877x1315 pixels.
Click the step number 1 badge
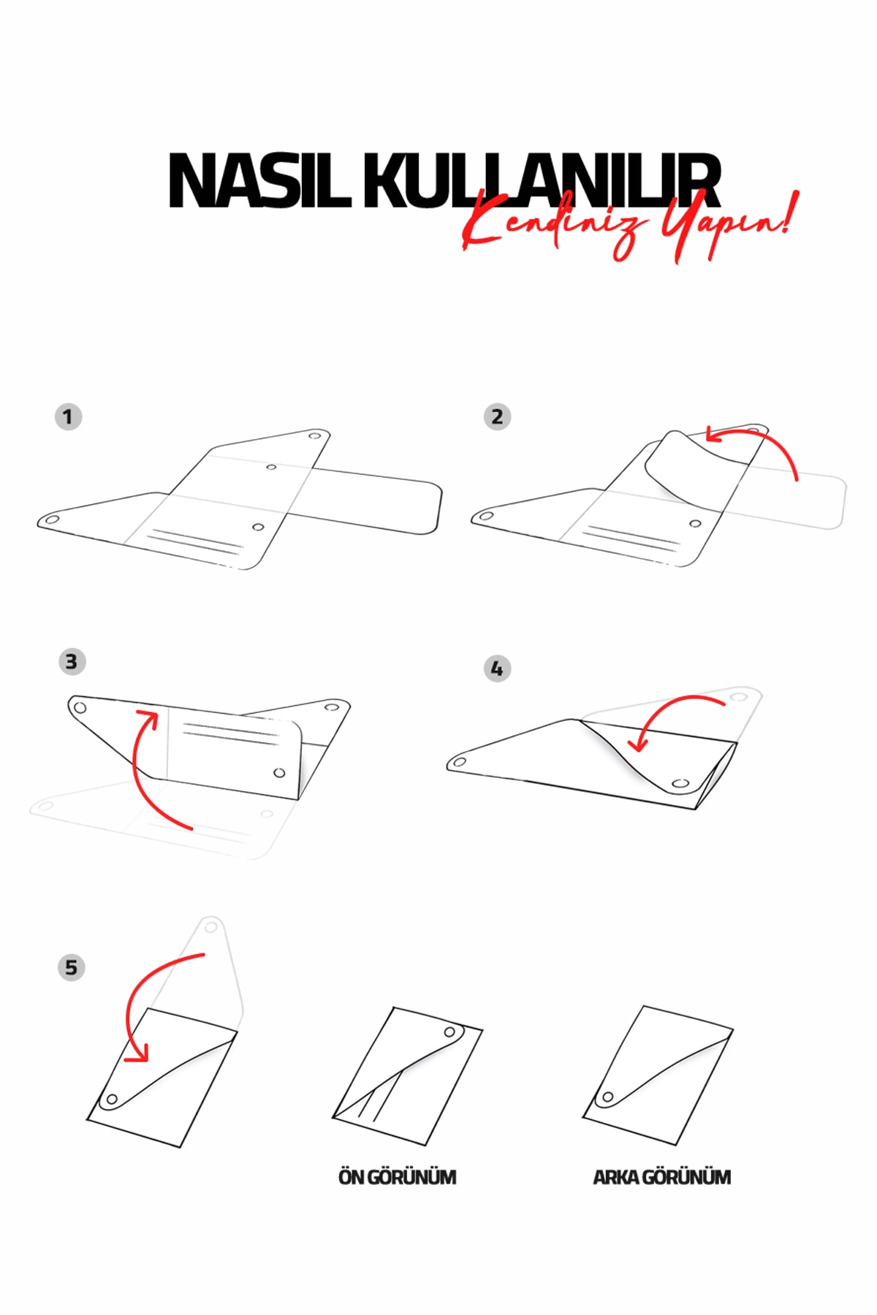(x=68, y=417)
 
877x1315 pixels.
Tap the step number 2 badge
(x=497, y=417)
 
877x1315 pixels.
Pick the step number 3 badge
(x=72, y=662)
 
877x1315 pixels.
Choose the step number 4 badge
(x=497, y=668)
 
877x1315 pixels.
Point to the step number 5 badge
(x=71, y=968)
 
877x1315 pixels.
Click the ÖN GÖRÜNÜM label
(x=397, y=1178)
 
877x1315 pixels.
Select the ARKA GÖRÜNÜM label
(x=661, y=1178)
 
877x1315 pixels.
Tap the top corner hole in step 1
(x=315, y=436)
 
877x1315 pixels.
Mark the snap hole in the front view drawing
(x=450, y=1032)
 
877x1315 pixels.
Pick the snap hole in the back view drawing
(x=607, y=1097)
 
